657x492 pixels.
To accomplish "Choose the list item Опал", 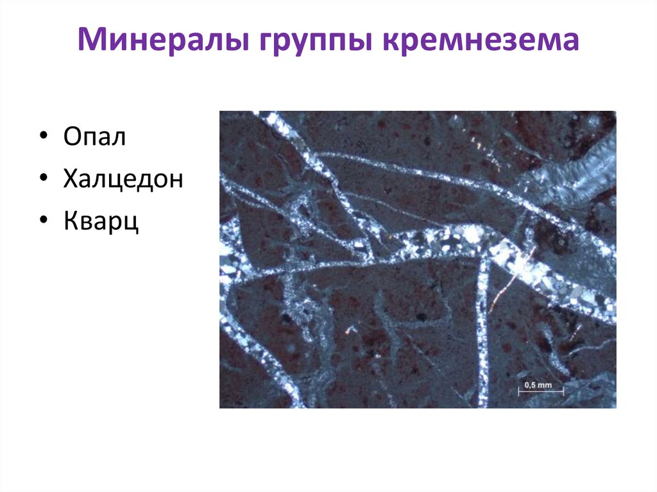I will [94, 138].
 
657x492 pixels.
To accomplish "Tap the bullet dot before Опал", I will [42, 139].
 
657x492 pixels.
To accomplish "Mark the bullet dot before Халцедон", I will [42, 180].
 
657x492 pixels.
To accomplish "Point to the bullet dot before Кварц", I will [42, 221].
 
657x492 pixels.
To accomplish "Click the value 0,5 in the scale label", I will [530, 385].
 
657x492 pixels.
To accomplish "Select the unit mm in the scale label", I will [545, 385].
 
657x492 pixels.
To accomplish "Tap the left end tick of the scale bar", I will [518, 391].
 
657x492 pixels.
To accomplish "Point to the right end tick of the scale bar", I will [563, 391].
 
